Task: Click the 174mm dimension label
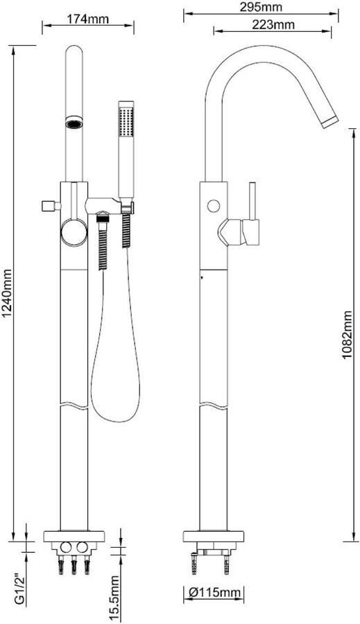(88, 18)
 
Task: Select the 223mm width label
(273, 25)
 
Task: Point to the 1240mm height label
(7, 294)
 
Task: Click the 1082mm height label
(348, 335)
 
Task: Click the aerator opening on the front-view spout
(74, 124)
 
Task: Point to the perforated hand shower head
(126, 119)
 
